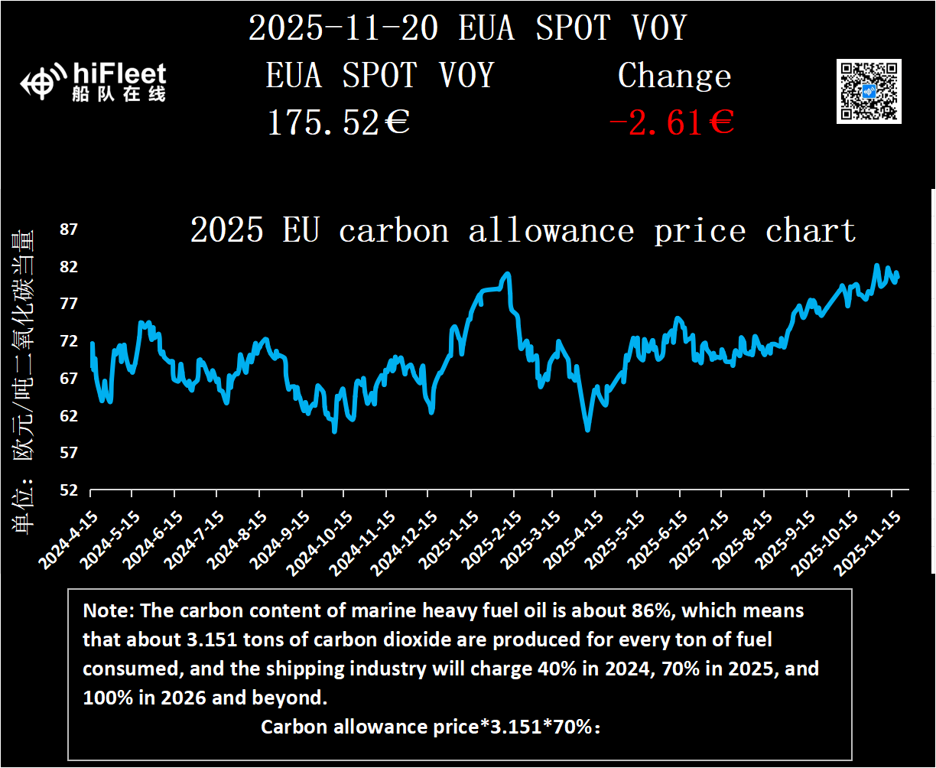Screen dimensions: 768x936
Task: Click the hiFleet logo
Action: click(93, 82)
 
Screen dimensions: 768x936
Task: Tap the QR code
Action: click(869, 90)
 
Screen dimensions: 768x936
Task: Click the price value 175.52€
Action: click(338, 122)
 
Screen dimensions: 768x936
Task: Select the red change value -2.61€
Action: click(671, 122)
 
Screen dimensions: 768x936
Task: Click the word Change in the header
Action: click(674, 76)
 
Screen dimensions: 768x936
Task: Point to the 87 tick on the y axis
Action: click(69, 229)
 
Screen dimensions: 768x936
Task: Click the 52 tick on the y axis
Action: click(69, 490)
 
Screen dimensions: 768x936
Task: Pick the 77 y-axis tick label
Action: click(69, 304)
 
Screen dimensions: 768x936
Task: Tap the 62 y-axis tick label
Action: click(69, 415)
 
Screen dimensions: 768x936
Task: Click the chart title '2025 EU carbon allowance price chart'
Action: click(522, 229)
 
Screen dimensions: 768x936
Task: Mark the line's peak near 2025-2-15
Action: click(507, 273)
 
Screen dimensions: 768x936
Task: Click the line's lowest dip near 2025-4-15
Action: click(587, 430)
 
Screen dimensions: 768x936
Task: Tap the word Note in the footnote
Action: click(104, 611)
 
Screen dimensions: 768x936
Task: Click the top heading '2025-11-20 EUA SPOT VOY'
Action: click(467, 29)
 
